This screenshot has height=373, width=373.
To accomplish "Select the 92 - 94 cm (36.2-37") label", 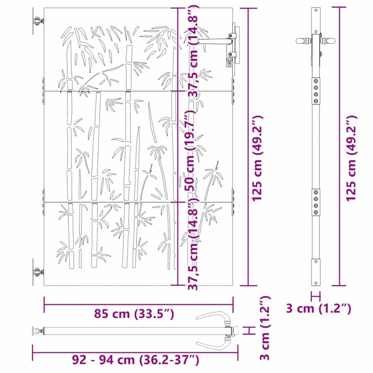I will point(136,359).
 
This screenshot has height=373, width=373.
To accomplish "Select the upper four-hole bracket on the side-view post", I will point(317,88).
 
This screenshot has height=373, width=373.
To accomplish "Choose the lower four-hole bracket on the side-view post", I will point(317,201).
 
